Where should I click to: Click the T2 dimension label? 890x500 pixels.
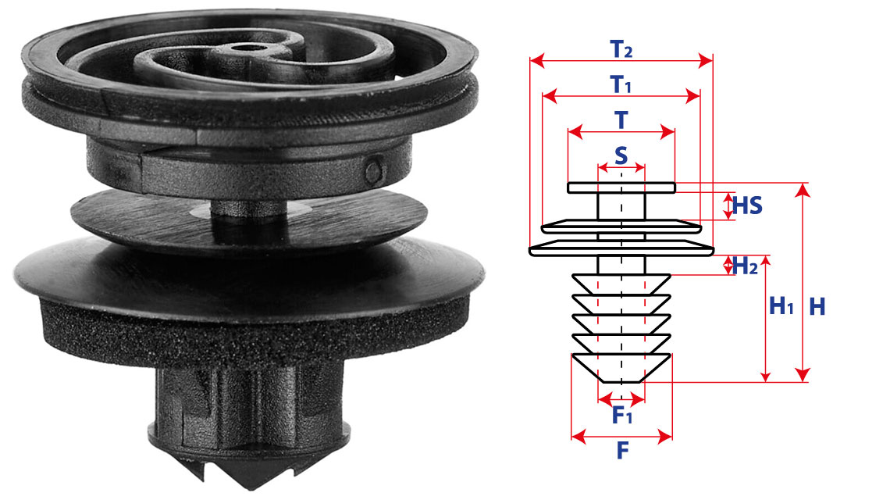coord(621,49)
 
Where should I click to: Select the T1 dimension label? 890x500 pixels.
coord(621,84)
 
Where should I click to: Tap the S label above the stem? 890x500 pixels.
coord(621,155)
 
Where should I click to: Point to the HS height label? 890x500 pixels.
coord(747,205)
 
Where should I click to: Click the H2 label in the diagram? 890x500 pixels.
coord(746,266)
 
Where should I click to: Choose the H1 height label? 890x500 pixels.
coord(781,305)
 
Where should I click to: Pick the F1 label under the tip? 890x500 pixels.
coord(622,416)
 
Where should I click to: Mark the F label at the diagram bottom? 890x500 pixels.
coord(623,451)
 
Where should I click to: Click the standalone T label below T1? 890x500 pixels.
coord(621,120)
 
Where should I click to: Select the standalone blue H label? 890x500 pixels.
coord(817,307)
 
